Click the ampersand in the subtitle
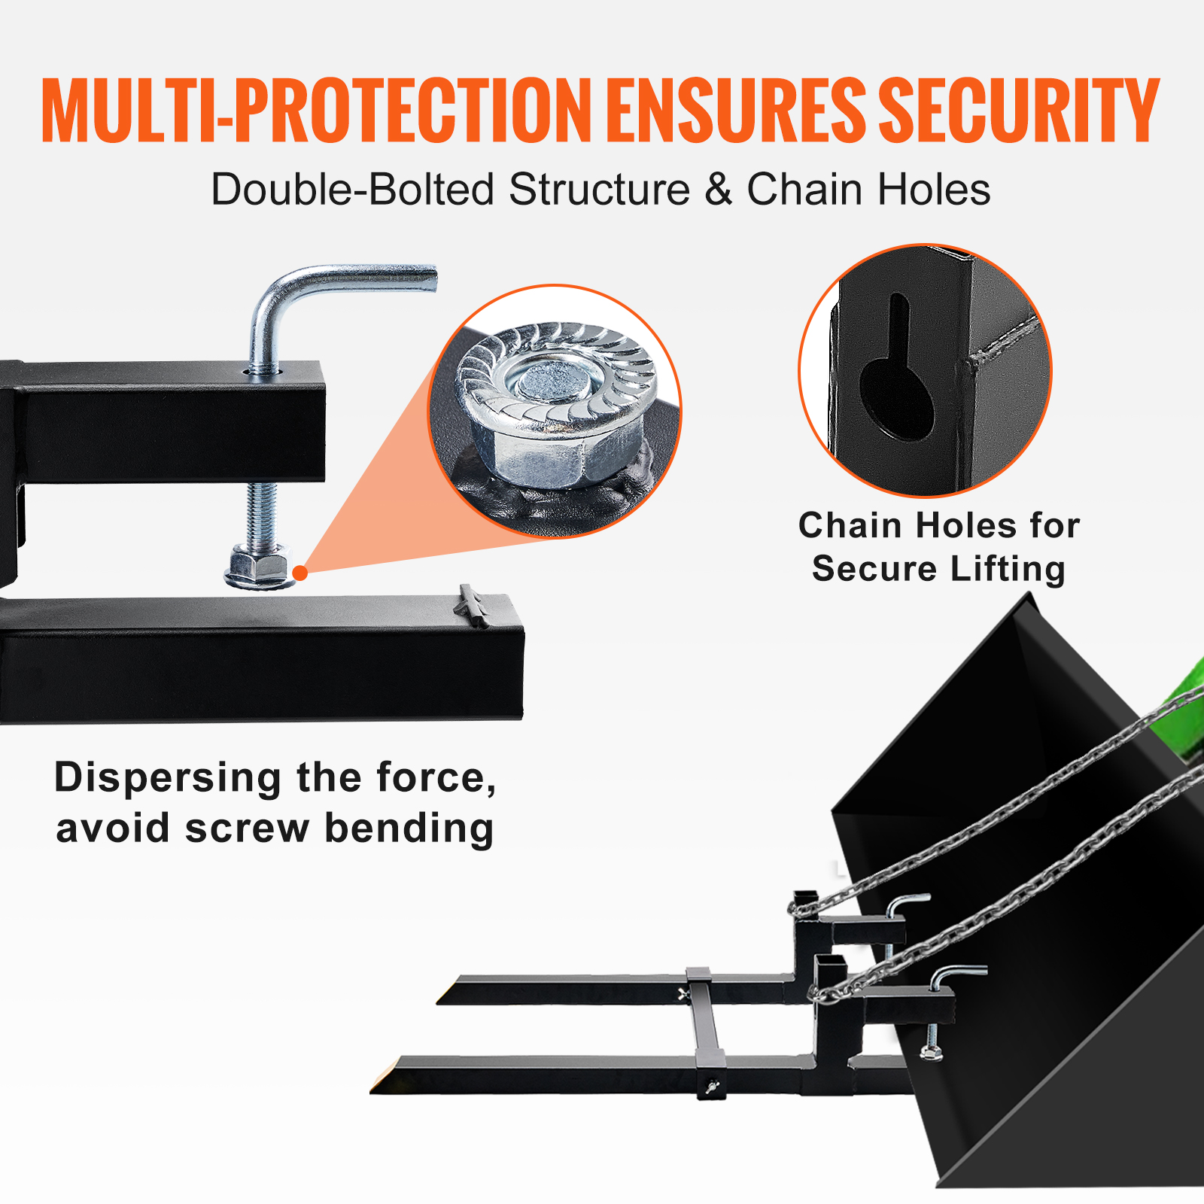(718, 189)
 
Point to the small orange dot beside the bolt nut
(300, 573)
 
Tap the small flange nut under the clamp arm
(259, 570)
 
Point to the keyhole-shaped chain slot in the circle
(897, 376)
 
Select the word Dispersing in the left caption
(167, 777)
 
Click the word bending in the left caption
(409, 829)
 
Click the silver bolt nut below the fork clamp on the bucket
(930, 1051)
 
